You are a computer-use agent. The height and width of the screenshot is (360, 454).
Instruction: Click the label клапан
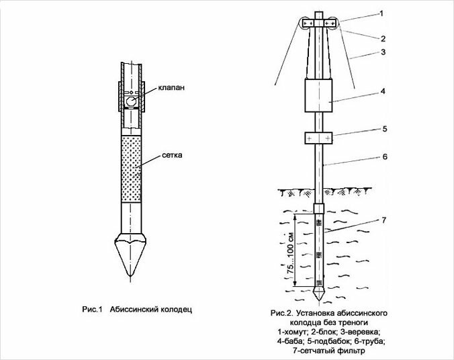pos(171,87)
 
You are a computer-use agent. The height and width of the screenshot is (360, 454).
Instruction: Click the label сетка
pos(172,155)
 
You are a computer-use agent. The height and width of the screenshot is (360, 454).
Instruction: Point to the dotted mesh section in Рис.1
pos(131,169)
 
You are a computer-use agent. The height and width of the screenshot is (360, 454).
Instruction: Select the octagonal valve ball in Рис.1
pos(130,101)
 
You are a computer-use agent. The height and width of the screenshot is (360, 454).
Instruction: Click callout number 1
pos(381,13)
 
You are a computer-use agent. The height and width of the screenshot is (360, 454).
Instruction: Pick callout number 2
pos(383,38)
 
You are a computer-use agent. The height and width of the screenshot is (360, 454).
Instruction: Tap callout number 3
pos(383,52)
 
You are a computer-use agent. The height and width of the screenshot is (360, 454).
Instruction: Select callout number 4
pos(383,91)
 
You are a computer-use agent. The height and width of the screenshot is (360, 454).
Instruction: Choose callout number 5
pos(385,128)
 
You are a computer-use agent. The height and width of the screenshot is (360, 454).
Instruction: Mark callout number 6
pos(385,156)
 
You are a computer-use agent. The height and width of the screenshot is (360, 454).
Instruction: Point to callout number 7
pos(384,220)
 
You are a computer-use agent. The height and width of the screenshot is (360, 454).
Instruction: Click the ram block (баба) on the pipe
pos(319,95)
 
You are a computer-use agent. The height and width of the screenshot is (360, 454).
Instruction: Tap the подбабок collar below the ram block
pos(318,138)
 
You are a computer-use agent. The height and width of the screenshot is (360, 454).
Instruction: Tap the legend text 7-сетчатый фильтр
pos(329,351)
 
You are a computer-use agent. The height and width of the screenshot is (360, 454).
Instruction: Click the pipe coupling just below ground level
pos(319,208)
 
